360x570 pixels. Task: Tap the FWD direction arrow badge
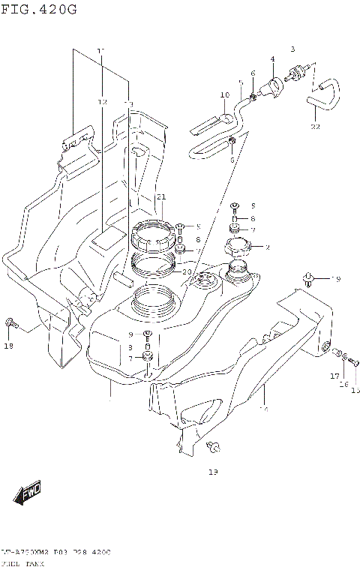(28, 493)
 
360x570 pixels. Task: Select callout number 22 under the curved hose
(315, 127)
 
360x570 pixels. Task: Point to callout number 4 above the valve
(272, 59)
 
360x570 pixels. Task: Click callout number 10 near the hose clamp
(224, 94)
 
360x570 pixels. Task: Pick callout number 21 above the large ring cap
(160, 197)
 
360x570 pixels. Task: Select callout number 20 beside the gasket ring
(187, 272)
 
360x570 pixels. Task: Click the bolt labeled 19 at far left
(10, 323)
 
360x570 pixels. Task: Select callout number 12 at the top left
(102, 101)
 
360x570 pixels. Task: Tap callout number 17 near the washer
(335, 376)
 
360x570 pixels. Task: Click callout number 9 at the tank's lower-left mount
(130, 334)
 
